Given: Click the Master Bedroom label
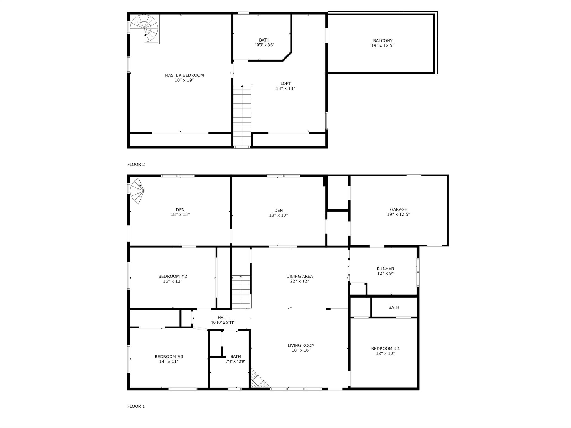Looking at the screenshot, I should (x=184, y=75).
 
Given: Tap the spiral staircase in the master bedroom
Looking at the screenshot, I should (x=145, y=29).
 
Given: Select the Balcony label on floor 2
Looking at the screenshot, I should (x=383, y=41).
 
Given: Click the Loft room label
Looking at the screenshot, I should (x=285, y=83).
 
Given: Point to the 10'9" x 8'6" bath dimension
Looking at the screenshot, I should (x=264, y=45).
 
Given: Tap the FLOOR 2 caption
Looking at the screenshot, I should (x=136, y=165).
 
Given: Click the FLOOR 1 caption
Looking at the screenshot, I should (x=136, y=406).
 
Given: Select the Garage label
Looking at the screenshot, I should (x=398, y=209).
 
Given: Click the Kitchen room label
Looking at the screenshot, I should (x=385, y=269).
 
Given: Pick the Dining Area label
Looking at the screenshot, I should (x=299, y=276).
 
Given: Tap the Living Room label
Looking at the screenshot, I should (x=301, y=345).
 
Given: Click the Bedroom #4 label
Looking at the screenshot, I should (x=385, y=349).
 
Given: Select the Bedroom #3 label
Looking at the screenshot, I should (x=169, y=357).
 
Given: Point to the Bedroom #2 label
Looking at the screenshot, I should (x=173, y=276).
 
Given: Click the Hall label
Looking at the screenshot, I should (x=222, y=318).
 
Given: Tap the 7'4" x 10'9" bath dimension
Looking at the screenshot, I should (x=235, y=361).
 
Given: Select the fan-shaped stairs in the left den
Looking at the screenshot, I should (x=137, y=190).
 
